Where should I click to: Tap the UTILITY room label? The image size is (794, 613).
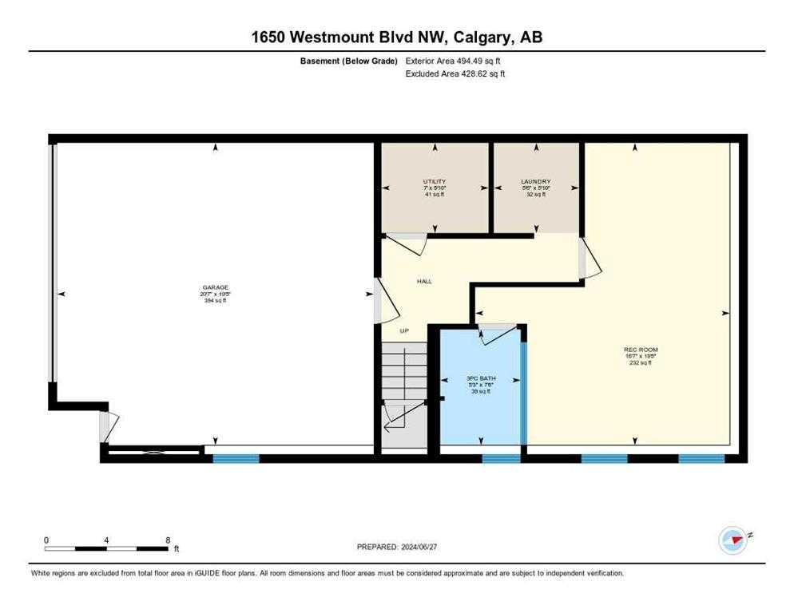435,181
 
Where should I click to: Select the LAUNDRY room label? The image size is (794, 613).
536,181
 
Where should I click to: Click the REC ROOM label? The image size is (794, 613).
641,350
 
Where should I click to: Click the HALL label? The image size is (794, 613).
425,281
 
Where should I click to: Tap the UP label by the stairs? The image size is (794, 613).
404,330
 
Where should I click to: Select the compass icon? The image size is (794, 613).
732,540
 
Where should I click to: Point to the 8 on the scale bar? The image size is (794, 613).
168,540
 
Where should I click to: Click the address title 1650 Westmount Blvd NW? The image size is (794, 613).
396,37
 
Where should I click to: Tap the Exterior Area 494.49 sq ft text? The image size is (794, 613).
454,61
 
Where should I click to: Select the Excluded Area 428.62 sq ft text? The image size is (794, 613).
455,73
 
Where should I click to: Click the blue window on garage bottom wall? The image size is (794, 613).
236,458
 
